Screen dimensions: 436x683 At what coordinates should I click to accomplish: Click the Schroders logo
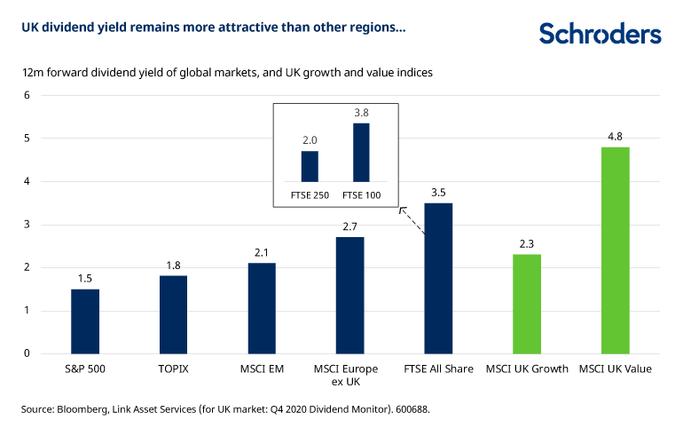tap(600, 34)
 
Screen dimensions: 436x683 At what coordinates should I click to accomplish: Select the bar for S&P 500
tap(85, 321)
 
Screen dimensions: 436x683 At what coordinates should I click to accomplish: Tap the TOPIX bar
tap(173, 314)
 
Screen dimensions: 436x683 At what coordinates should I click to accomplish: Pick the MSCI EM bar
tap(262, 308)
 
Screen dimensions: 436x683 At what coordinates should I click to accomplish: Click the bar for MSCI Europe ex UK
tap(349, 295)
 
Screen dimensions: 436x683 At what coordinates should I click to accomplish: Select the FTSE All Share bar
tap(438, 278)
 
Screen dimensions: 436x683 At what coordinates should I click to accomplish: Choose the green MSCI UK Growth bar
tap(527, 304)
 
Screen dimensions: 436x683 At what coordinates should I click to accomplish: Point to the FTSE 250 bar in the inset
tap(310, 166)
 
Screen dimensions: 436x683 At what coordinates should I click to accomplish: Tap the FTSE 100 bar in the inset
tap(361, 152)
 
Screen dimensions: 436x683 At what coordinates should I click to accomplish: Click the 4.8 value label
tap(615, 136)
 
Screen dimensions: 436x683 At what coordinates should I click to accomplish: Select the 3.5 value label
tap(438, 192)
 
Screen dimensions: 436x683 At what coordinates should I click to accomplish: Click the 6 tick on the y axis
tap(27, 95)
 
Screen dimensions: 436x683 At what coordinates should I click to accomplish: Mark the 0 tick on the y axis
tap(27, 353)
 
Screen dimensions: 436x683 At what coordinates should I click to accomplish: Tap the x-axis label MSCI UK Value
tap(615, 369)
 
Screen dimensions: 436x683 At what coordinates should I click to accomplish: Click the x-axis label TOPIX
tap(173, 369)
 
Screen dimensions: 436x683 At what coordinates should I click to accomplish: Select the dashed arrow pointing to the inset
tap(412, 221)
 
